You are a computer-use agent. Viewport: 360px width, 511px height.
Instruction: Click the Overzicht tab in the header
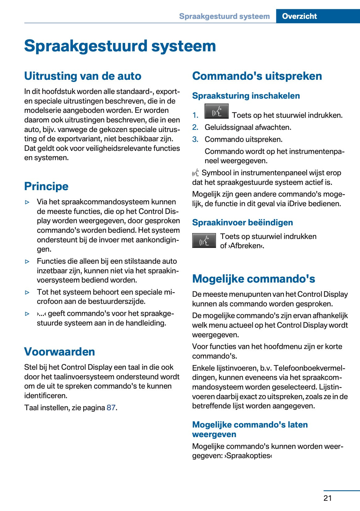pyautogui.click(x=299, y=16)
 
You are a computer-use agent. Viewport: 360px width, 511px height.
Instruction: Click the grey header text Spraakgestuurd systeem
pyautogui.click(x=224, y=16)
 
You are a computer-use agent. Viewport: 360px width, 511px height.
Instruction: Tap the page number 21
pyautogui.click(x=328, y=498)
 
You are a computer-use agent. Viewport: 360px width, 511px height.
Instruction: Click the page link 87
pyautogui.click(x=111, y=407)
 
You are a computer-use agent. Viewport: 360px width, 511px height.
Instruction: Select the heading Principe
pyautogui.click(x=46, y=186)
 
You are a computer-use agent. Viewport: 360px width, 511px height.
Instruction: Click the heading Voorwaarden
pyautogui.click(x=60, y=351)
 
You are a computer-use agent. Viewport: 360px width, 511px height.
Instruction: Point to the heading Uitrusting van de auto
pyautogui.click(x=83, y=76)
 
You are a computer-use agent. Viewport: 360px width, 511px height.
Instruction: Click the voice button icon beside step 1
pyautogui.click(x=216, y=111)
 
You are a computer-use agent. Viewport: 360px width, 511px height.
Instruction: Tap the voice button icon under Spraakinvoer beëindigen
pyautogui.click(x=204, y=241)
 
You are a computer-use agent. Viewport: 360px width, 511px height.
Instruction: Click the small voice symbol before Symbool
pyautogui.click(x=195, y=173)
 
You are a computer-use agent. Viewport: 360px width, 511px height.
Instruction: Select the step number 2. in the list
pyautogui.click(x=195, y=127)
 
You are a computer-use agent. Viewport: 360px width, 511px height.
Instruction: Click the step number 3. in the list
pyautogui.click(x=195, y=139)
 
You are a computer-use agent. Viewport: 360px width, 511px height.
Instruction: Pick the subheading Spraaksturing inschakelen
pyautogui.click(x=246, y=96)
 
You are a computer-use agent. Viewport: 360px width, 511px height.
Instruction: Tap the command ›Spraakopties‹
pyautogui.click(x=248, y=456)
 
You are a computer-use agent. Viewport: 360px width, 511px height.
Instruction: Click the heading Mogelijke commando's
pyautogui.click(x=253, y=279)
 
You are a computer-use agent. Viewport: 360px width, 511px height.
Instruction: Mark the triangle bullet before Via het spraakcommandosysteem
pyautogui.click(x=27, y=202)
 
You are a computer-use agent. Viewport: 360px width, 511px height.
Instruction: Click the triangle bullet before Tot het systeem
pyautogui.click(x=27, y=292)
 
